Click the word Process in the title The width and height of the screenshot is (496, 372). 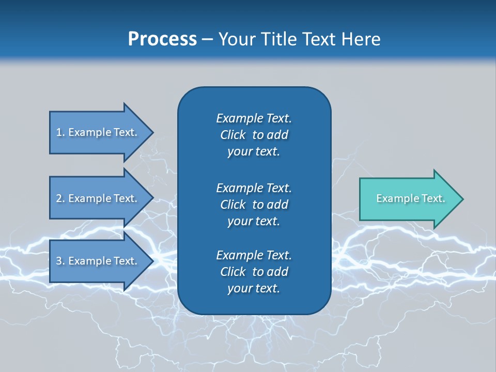162,39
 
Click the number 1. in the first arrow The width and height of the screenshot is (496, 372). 60,132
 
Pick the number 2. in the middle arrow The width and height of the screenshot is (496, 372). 60,198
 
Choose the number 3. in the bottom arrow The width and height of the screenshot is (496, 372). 60,261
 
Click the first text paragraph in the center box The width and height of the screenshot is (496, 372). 254,135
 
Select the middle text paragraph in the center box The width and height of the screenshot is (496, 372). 254,205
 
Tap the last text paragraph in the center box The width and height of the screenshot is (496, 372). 254,272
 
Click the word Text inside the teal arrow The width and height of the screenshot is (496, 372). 433,198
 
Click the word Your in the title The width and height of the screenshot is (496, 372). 235,39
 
